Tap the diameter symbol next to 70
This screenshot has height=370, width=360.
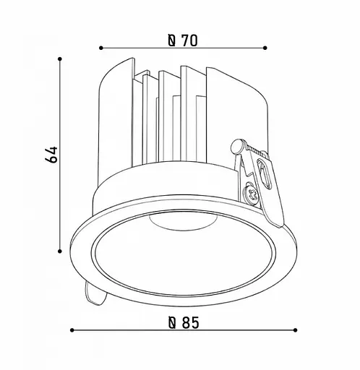[x=171, y=40]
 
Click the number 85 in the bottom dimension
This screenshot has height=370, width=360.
[x=189, y=323]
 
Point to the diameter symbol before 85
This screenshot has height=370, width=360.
[x=172, y=323]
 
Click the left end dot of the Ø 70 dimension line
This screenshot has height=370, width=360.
[x=100, y=48]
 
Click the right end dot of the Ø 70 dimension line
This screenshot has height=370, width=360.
[x=265, y=48]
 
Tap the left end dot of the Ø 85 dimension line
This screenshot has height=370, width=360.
[x=72, y=331]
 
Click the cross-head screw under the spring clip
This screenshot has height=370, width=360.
[x=252, y=194]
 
